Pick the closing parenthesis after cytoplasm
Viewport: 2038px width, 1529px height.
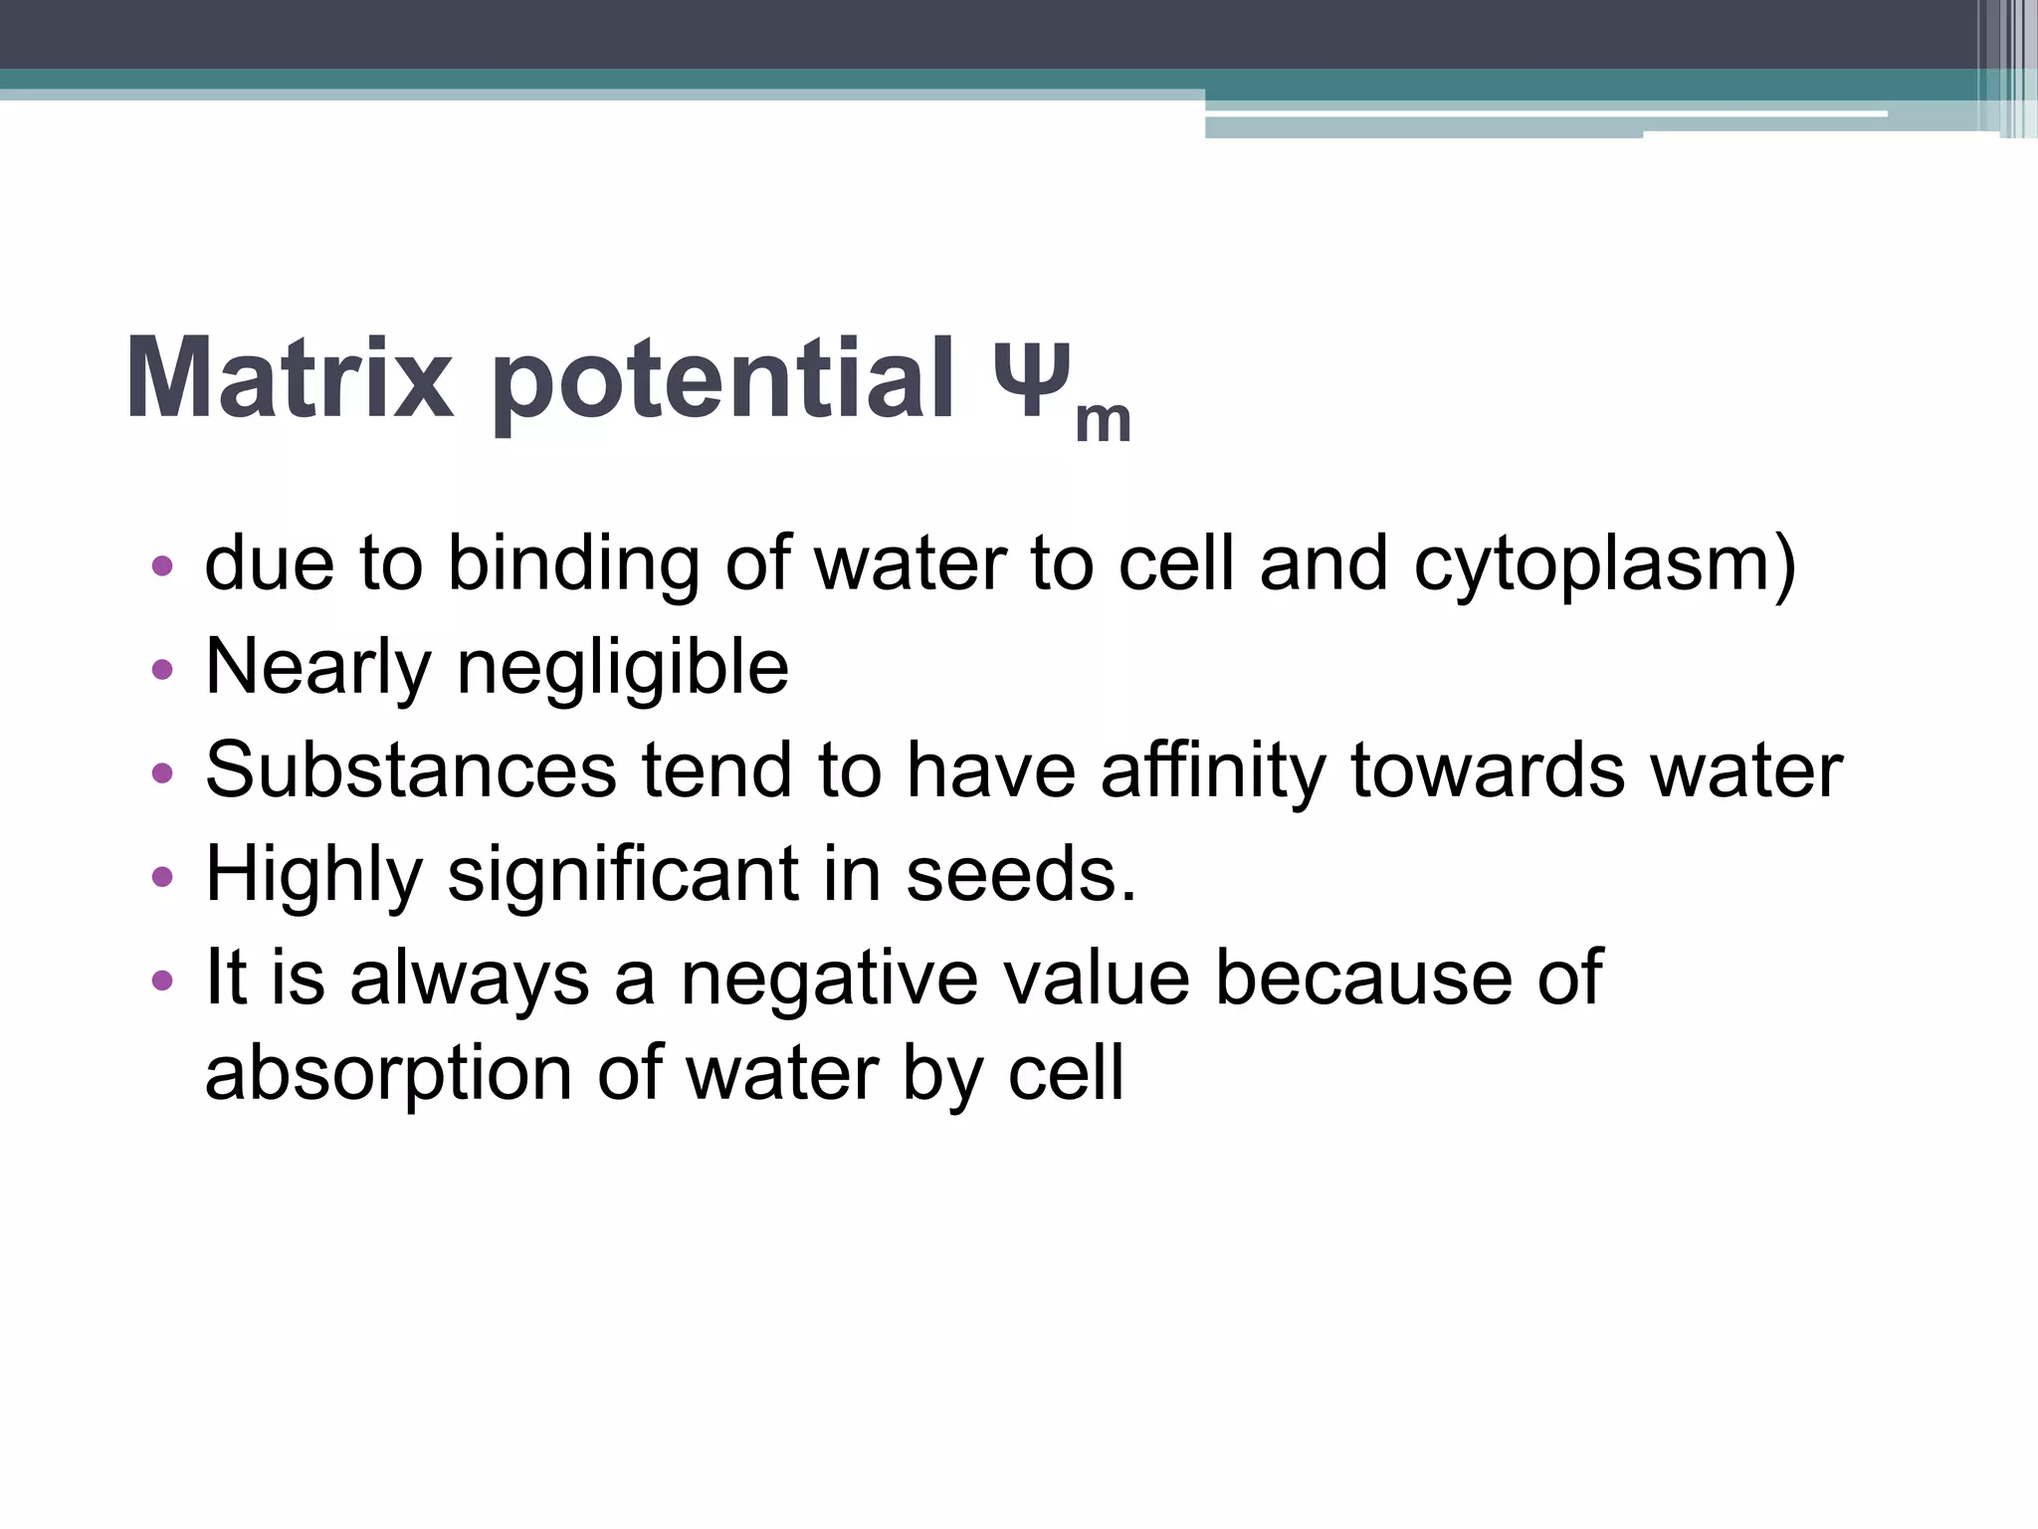[1784, 565]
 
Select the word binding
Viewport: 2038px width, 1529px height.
[573, 565]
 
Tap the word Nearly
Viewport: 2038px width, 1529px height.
[317, 668]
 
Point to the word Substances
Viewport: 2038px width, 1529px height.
[411, 770]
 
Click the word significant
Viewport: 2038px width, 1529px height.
[623, 876]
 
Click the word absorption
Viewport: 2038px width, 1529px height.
[388, 1075]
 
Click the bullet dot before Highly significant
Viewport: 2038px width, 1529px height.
[162, 877]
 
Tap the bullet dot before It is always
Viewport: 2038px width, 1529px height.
[162, 981]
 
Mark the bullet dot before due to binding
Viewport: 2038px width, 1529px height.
[162, 566]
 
